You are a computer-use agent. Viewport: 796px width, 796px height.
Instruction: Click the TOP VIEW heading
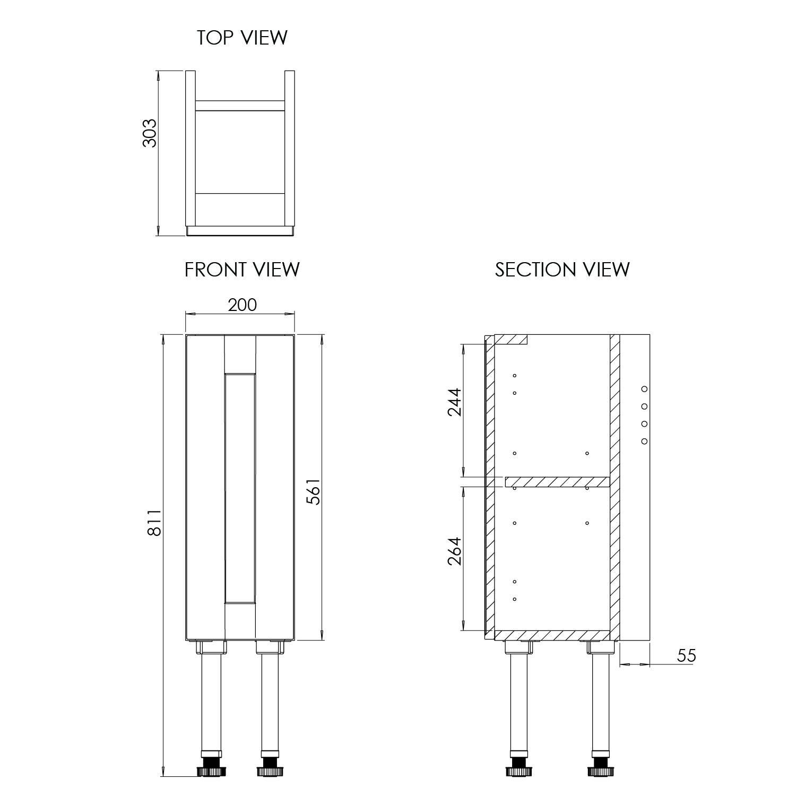click(x=242, y=38)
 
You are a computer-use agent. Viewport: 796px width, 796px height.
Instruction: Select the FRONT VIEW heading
click(x=242, y=270)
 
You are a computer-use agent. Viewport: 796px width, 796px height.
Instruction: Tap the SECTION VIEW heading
click(x=563, y=270)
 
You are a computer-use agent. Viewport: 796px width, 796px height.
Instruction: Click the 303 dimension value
click(x=150, y=133)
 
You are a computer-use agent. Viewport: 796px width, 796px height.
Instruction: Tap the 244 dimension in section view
click(x=455, y=402)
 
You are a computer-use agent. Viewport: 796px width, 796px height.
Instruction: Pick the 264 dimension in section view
click(x=455, y=551)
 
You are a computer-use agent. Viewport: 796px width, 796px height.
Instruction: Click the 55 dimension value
click(x=686, y=656)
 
